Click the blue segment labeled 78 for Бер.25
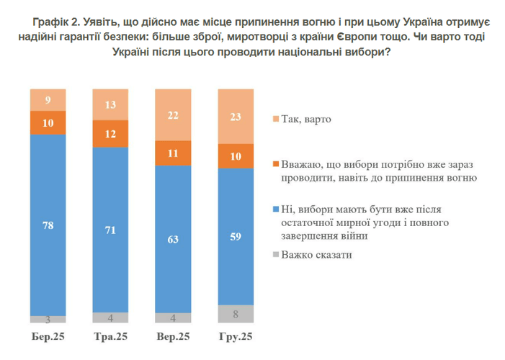(x=48, y=225)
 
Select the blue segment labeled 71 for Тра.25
(x=111, y=230)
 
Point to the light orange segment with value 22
(x=174, y=115)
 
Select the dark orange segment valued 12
(x=111, y=133)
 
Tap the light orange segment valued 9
(x=48, y=100)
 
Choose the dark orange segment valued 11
(x=174, y=153)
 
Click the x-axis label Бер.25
(x=48, y=336)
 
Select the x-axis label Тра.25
(x=111, y=336)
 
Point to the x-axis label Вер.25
(x=174, y=336)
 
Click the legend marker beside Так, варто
(x=276, y=120)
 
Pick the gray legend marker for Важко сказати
(x=276, y=254)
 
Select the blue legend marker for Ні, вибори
(x=276, y=210)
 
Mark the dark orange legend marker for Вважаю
(x=276, y=164)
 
